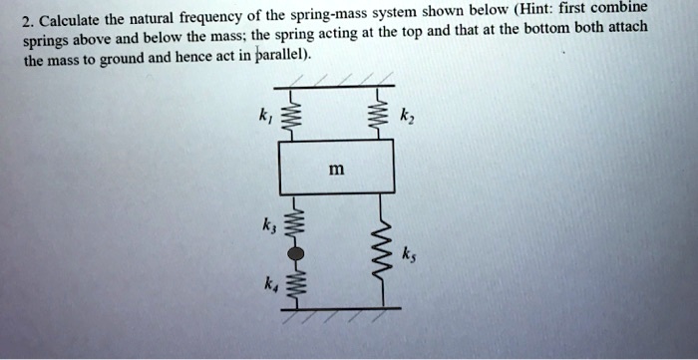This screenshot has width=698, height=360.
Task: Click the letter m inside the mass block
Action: (337, 170)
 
